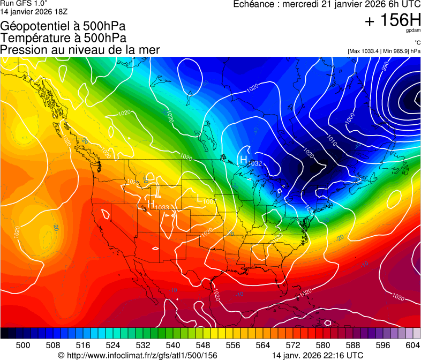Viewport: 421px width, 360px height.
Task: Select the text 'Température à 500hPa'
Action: tap(64, 38)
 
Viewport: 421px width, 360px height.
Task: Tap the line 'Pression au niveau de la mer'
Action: tap(80, 50)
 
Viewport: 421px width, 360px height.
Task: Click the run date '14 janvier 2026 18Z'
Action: tap(34, 10)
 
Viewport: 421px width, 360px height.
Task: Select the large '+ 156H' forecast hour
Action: tap(392, 20)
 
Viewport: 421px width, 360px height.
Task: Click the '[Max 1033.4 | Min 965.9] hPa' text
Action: tap(384, 51)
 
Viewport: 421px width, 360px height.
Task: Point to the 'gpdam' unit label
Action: tap(413, 31)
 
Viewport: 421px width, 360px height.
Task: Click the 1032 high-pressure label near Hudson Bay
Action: tap(254, 163)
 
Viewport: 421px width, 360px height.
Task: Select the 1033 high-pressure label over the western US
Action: tap(162, 207)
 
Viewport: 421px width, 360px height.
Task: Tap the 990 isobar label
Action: tap(385, 67)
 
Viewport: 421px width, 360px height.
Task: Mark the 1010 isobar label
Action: tap(332, 141)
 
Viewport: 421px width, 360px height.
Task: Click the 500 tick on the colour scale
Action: tap(23, 345)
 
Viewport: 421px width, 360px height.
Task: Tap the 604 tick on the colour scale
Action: tap(413, 345)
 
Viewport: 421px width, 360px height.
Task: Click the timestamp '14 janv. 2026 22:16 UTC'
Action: tap(318, 355)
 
